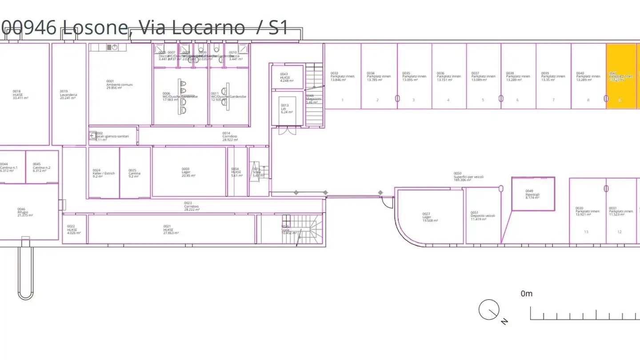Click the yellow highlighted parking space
click(x=621, y=76)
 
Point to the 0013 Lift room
click(x=287, y=108)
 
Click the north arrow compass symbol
click(x=489, y=310)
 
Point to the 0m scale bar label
click(x=526, y=293)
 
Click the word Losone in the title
click(x=95, y=28)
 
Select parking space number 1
click(x=342, y=100)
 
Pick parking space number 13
click(x=586, y=232)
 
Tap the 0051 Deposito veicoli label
click(x=483, y=216)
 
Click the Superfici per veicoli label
click(x=468, y=176)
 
